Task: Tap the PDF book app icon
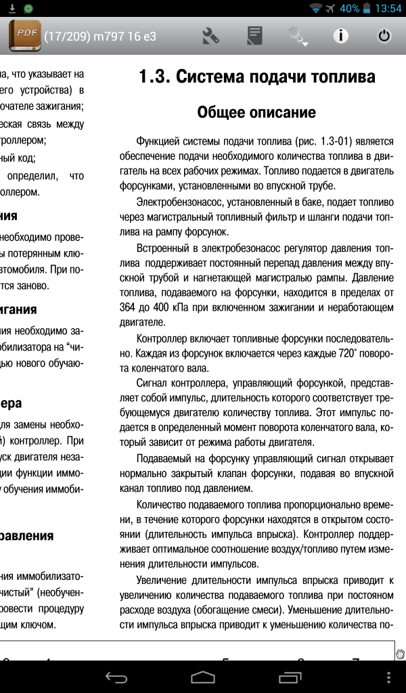pos(25,36)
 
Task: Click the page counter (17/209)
pos(67,37)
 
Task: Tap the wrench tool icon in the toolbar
pos(211,36)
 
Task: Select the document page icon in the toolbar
pos(254,36)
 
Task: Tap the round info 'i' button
pos(340,36)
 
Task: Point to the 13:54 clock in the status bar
pos(388,9)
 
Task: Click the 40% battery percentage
pos(350,9)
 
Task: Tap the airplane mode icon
pos(330,9)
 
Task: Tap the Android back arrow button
pos(116,677)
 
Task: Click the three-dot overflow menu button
pos(388,677)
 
